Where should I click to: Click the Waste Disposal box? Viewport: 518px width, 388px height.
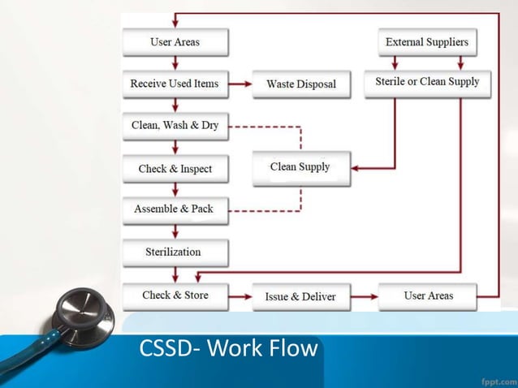pos(300,84)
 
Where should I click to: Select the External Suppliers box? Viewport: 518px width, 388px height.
pos(427,41)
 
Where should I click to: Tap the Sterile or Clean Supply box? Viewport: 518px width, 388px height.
pos(427,82)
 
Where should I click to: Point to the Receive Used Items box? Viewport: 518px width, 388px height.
pos(175,83)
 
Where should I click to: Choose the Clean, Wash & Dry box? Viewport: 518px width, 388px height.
pos(175,126)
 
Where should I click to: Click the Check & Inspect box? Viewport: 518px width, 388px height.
pos(175,169)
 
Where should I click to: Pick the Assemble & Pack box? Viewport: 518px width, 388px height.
pos(175,209)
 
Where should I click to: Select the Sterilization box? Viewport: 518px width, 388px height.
pos(175,252)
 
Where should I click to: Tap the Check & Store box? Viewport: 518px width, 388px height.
pos(175,295)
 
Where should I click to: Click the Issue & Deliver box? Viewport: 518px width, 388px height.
pos(300,296)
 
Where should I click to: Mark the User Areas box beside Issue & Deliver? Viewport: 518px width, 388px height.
pos(428,295)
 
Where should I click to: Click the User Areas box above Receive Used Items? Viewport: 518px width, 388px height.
pos(175,41)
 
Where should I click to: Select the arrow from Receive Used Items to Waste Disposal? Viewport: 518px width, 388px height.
pos(240,83)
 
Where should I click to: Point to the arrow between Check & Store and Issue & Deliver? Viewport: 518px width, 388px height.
pos(240,296)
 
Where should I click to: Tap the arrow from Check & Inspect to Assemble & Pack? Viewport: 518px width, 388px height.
pos(175,189)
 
